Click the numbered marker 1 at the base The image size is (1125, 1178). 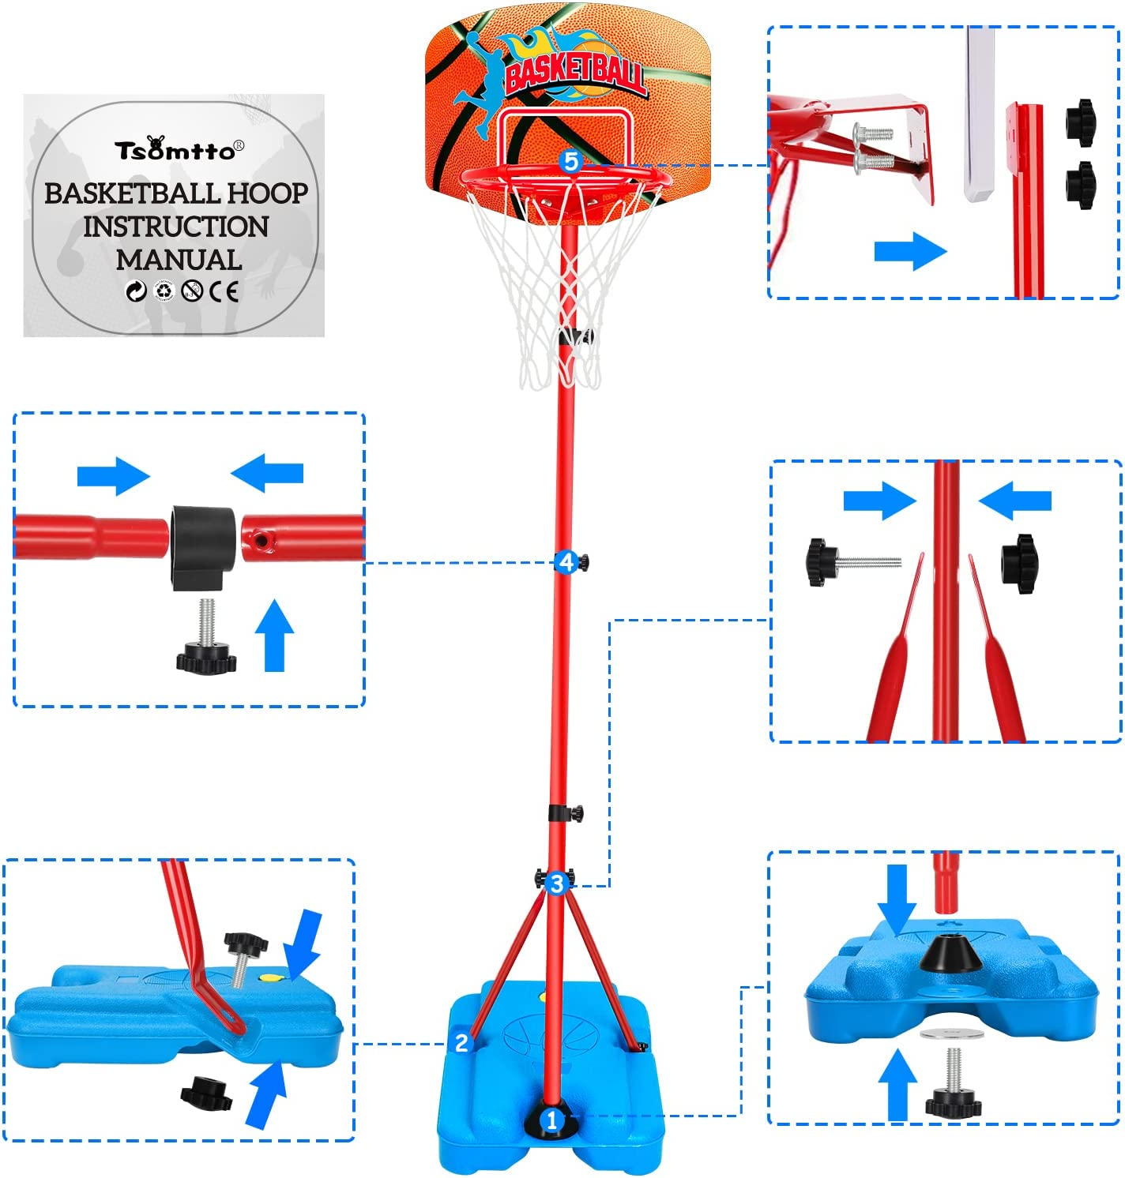[551, 1119]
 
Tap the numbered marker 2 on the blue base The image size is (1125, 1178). [462, 1042]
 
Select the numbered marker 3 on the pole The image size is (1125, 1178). [557, 883]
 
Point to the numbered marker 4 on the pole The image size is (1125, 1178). [566, 562]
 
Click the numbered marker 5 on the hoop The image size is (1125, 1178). [570, 162]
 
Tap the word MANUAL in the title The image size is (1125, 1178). [179, 260]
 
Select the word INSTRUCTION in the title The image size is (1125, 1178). [175, 227]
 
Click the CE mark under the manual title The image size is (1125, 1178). [224, 292]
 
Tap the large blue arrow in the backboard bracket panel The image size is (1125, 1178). [909, 252]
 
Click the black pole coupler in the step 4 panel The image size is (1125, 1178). [203, 544]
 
